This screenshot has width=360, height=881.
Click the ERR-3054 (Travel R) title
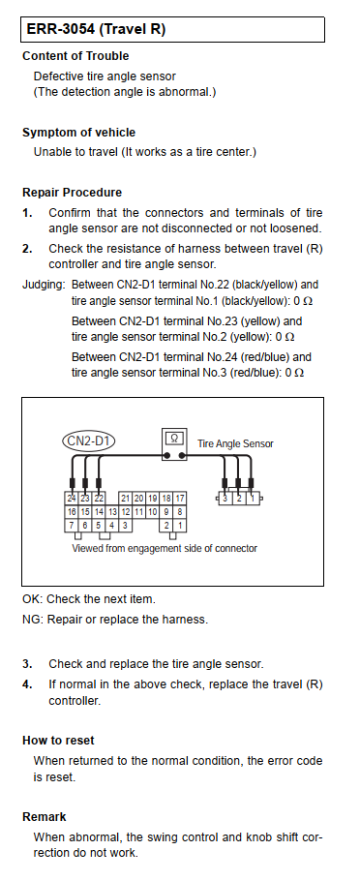click(96, 29)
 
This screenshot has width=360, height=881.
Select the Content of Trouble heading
click(75, 56)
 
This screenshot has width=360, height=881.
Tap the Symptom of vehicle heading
click(78, 133)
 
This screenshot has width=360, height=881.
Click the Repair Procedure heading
click(72, 193)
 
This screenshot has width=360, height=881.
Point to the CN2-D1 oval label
click(88, 441)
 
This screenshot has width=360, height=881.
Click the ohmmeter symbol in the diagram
click(174, 445)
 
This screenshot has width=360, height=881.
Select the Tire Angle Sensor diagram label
click(235, 443)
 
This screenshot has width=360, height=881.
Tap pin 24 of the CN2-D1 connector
click(72, 499)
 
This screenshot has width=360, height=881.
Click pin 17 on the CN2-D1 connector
click(180, 499)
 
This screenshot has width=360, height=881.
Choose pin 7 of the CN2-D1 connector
click(72, 526)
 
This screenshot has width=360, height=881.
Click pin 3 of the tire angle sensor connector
click(225, 498)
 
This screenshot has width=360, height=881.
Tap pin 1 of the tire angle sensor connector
click(253, 498)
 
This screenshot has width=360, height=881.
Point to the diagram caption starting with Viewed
click(165, 548)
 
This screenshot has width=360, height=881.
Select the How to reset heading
click(58, 741)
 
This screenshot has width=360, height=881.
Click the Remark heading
click(45, 817)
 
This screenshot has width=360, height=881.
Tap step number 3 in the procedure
click(27, 664)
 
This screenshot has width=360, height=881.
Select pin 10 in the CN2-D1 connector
click(152, 512)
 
